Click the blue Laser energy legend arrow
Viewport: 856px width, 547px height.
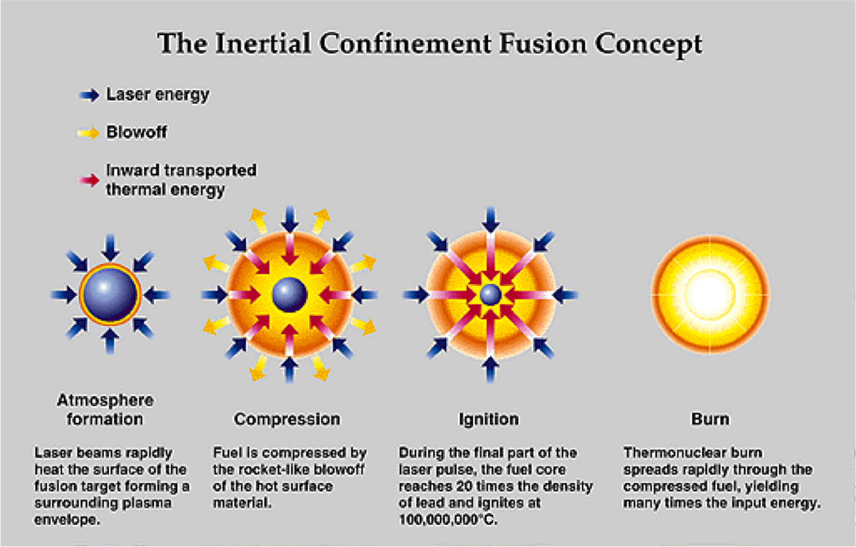[x=89, y=96]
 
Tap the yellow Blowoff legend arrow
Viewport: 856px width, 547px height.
[x=89, y=134]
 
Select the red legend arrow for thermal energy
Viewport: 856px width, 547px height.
[x=89, y=180]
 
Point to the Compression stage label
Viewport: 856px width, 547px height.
[x=287, y=418]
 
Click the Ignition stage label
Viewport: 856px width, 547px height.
[x=489, y=418]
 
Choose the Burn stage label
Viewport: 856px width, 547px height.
[x=710, y=418]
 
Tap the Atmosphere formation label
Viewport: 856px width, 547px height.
[x=105, y=409]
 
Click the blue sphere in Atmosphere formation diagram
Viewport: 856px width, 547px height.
[x=110, y=295]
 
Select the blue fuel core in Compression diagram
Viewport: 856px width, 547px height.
[x=290, y=295]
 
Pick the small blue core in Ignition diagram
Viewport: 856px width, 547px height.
[x=489, y=296]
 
